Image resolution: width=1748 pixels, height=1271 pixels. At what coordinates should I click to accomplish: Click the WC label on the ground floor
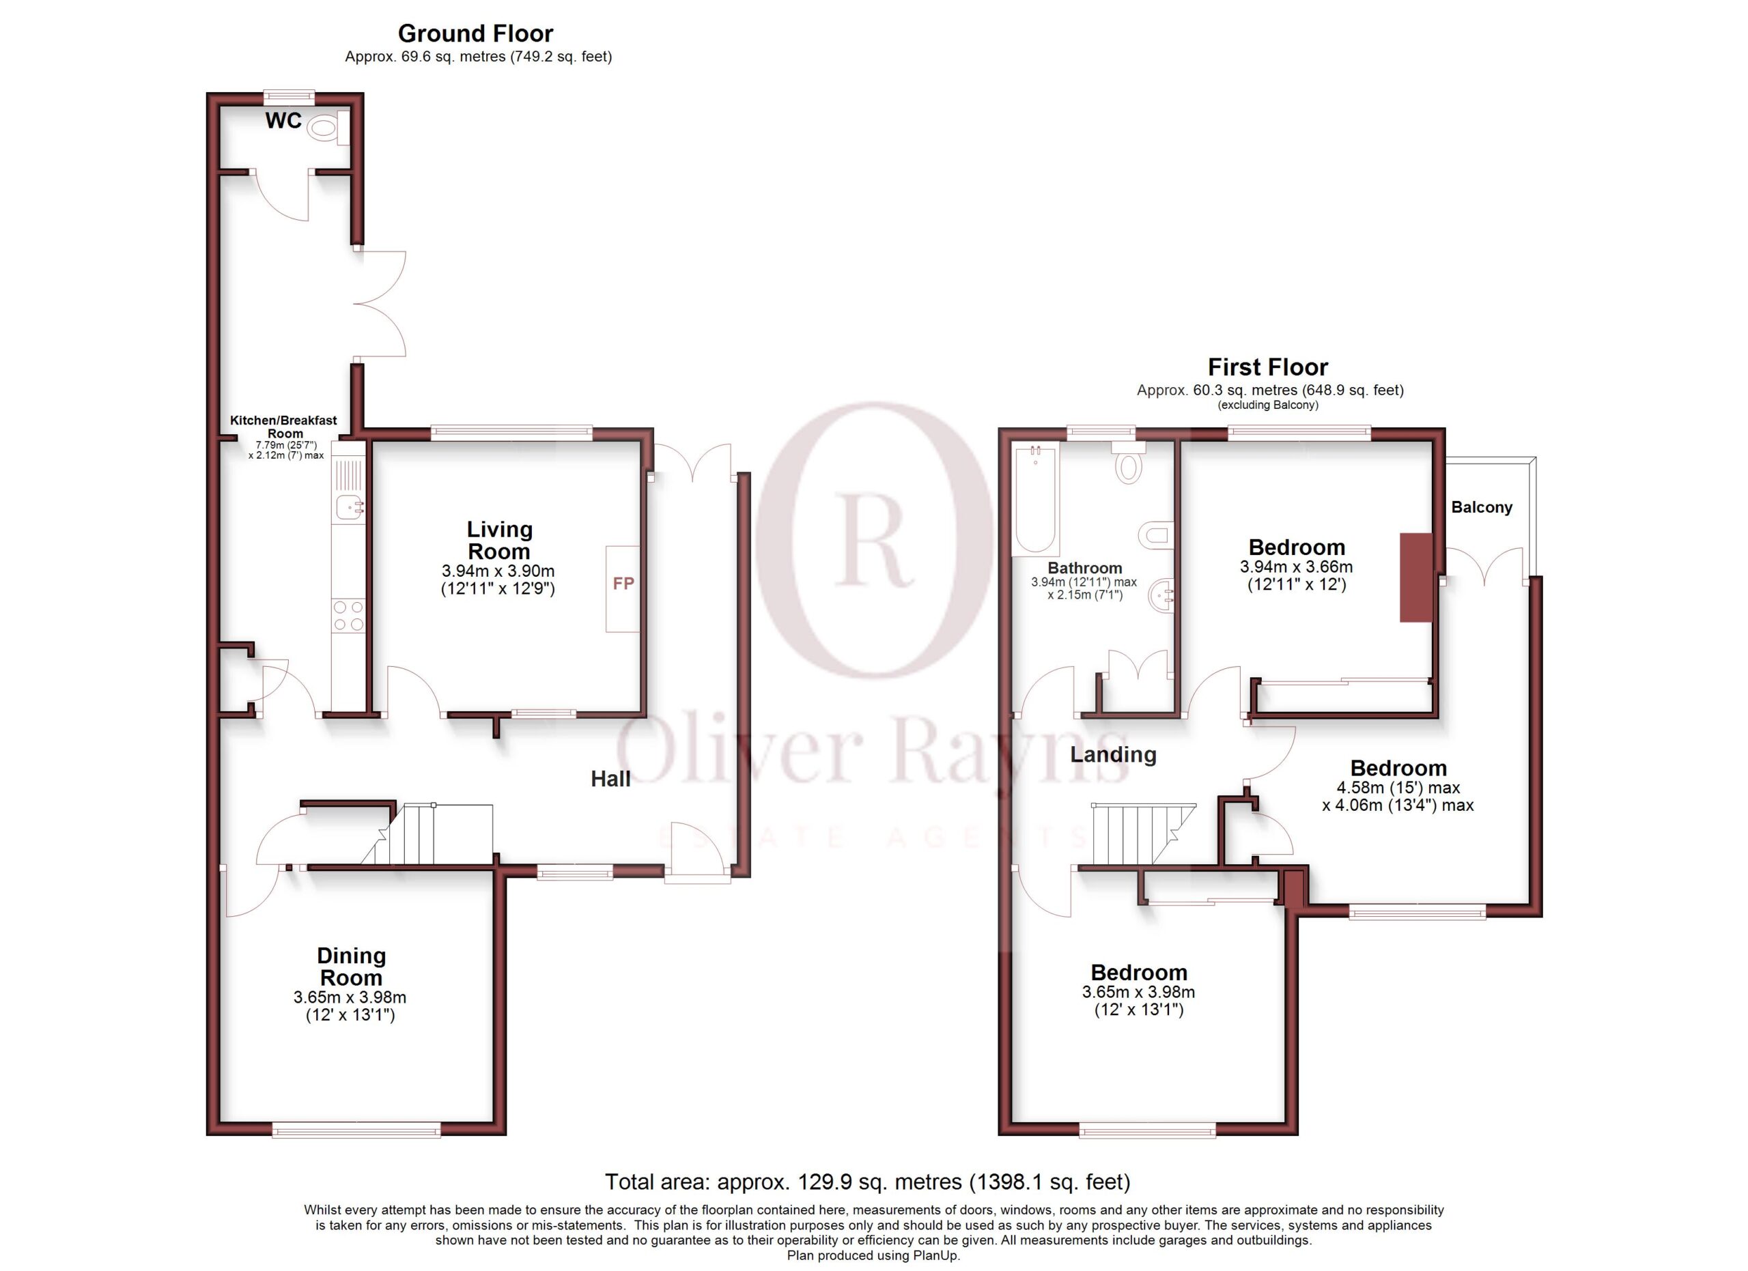click(283, 121)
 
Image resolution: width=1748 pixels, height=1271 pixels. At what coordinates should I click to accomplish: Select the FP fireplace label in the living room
click(623, 584)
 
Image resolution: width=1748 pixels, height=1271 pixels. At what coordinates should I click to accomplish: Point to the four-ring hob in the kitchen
click(348, 616)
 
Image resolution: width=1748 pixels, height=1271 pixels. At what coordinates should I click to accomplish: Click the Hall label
click(610, 780)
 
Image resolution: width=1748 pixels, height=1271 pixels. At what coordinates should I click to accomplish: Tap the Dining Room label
click(351, 967)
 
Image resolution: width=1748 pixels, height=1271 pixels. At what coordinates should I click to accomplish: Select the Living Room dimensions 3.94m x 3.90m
click(498, 571)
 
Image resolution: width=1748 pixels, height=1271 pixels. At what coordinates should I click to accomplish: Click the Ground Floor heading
click(475, 34)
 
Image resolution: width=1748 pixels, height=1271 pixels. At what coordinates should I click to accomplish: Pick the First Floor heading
click(1268, 367)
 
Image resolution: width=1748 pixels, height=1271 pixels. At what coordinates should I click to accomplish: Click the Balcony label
click(1481, 508)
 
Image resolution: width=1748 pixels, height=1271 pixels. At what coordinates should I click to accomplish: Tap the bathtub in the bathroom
click(1036, 499)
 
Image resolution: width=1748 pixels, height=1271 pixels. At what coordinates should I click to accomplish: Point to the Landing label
click(1113, 755)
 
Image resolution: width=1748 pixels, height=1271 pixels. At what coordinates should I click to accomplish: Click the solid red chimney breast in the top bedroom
click(1416, 577)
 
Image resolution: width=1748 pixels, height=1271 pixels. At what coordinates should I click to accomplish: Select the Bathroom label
click(1084, 569)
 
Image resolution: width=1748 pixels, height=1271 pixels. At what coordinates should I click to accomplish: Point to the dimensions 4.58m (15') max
click(1398, 788)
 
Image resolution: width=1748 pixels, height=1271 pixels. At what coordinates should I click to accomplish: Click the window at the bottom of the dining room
click(356, 1129)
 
